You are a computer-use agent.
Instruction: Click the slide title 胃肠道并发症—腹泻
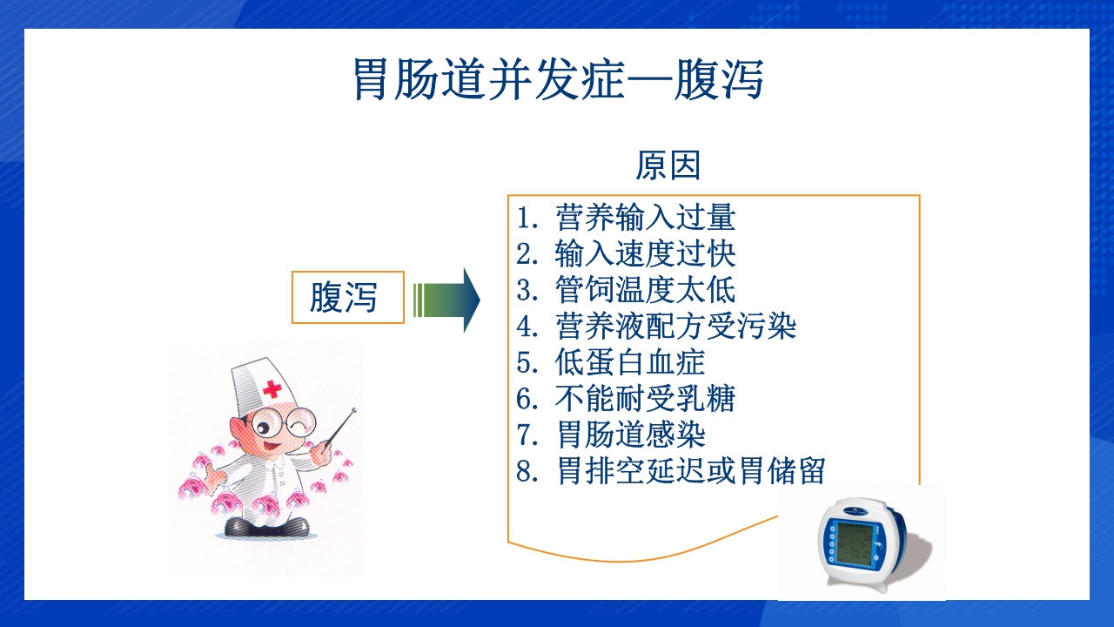(558, 79)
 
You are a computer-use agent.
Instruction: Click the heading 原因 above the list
(668, 165)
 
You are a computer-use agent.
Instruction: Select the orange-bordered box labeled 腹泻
(347, 298)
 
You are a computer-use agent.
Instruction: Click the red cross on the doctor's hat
(272, 389)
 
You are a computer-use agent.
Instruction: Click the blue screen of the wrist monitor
(848, 544)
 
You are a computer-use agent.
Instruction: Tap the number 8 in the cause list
(523, 471)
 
